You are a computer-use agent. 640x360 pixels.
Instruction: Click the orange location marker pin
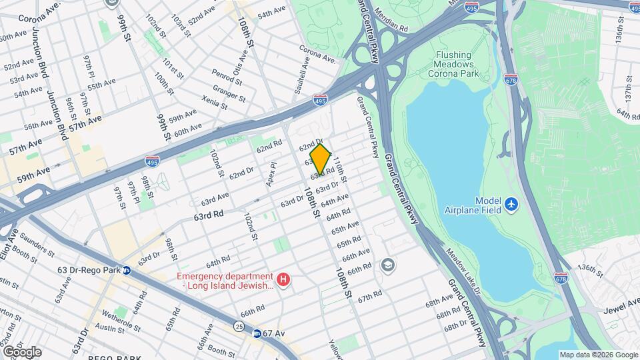pos(320,159)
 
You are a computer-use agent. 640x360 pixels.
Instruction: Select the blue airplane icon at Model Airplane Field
pos(511,203)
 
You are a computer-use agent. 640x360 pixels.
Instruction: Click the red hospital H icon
pos(285,279)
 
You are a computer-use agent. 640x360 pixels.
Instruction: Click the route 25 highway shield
pos(239,325)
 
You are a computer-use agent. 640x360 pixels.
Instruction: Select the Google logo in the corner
pos(21,351)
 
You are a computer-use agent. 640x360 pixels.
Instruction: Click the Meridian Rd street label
pos(391,25)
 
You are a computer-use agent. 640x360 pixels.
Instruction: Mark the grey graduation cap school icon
pos(387,266)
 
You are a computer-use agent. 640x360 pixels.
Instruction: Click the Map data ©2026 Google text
pos(598,355)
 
